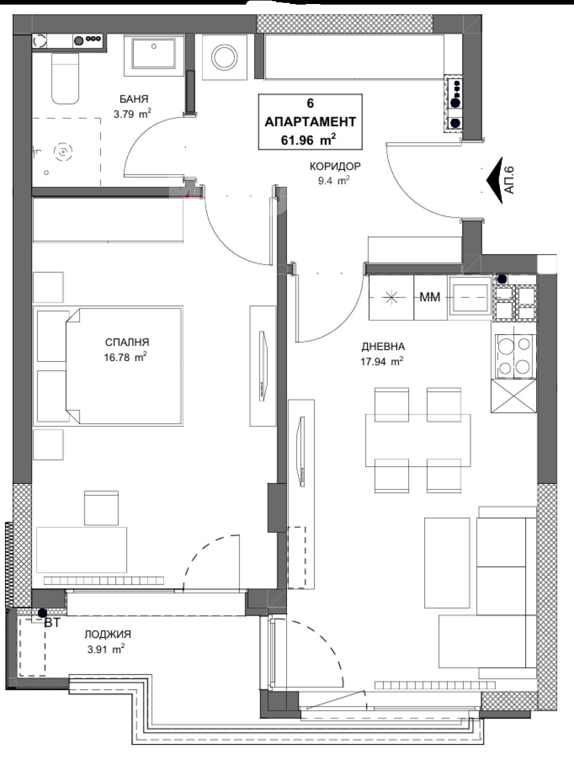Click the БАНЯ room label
click(134, 99)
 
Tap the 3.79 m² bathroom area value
click(132, 114)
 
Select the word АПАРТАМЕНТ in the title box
click(310, 122)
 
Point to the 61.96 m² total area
click(308, 139)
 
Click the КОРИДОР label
click(335, 166)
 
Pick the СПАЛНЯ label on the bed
click(127, 342)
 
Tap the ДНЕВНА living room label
click(383, 346)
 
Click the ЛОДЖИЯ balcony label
click(108, 634)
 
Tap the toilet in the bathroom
click(65, 79)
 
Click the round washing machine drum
click(224, 57)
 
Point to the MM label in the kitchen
click(429, 297)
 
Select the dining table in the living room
click(418, 440)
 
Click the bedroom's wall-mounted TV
click(264, 366)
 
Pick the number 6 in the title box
click(310, 103)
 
